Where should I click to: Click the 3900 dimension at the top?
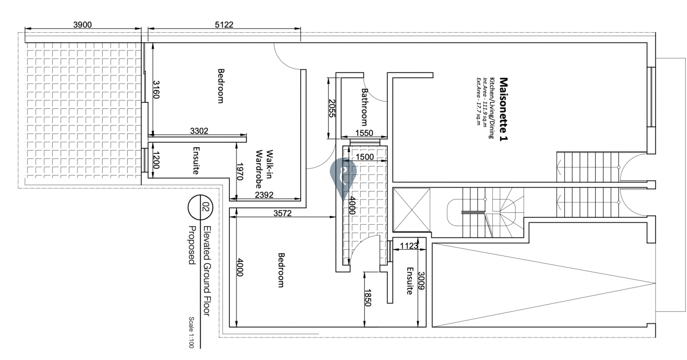click(x=82, y=25)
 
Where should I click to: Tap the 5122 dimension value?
click(x=224, y=25)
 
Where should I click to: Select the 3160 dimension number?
click(x=156, y=90)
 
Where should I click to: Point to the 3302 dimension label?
click(x=199, y=131)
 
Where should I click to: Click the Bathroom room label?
click(x=364, y=107)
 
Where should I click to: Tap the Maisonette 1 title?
click(x=503, y=109)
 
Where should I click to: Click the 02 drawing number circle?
click(x=200, y=207)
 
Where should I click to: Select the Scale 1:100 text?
click(x=191, y=333)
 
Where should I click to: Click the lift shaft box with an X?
click(x=412, y=210)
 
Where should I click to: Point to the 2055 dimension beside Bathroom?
click(x=332, y=108)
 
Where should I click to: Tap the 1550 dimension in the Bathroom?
click(x=364, y=133)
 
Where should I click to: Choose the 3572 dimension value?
click(x=282, y=213)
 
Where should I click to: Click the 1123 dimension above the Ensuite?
click(x=409, y=246)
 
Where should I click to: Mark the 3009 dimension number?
click(x=421, y=281)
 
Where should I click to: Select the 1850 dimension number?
click(x=368, y=297)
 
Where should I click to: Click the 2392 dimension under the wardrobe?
click(x=264, y=195)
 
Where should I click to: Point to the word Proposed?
click(x=192, y=245)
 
